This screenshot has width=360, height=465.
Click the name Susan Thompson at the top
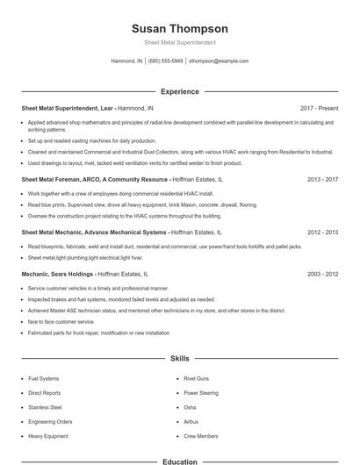click(179, 29)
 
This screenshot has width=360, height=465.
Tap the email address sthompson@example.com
click(219, 61)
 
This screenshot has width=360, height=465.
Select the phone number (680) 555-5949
click(165, 61)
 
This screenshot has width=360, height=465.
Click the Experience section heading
click(179, 91)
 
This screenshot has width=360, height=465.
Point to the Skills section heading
click(179, 359)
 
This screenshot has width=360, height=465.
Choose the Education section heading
click(179, 461)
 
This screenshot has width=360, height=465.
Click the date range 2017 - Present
click(319, 108)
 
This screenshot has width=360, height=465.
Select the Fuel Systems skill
click(45, 379)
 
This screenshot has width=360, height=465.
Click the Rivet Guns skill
click(195, 379)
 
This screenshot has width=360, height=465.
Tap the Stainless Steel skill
click(46, 407)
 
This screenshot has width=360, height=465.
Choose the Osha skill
click(190, 407)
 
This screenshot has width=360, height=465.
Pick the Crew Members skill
click(201, 435)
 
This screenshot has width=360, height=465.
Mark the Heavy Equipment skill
click(47, 435)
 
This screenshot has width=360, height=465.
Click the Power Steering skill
click(201, 393)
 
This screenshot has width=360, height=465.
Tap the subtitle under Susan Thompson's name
click(179, 43)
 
